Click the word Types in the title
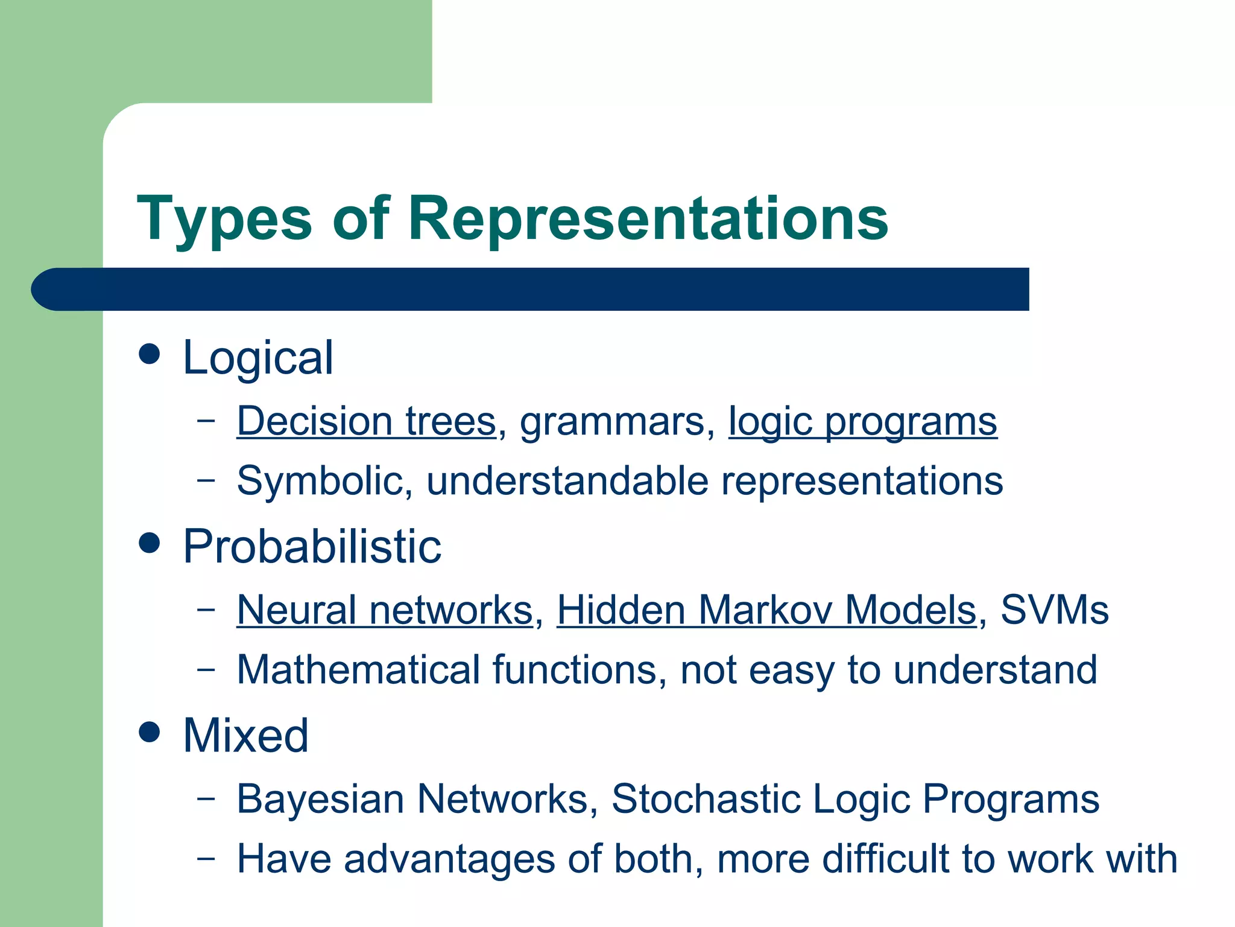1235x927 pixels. (x=224, y=218)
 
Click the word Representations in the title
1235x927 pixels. (x=648, y=218)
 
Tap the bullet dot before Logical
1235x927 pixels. (x=149, y=354)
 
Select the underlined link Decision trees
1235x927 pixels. (x=366, y=421)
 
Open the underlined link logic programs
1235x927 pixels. (x=862, y=422)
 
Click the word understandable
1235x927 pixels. (x=567, y=481)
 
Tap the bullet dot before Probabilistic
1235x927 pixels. (x=149, y=543)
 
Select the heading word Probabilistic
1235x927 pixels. (x=312, y=547)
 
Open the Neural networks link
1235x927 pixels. (x=385, y=610)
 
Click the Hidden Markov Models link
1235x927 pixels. (x=766, y=610)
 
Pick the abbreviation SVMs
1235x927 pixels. (x=1054, y=610)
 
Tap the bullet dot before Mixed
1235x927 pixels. (x=149, y=732)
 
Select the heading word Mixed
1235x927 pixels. (x=245, y=736)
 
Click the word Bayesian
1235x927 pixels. (x=320, y=799)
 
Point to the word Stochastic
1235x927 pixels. (x=706, y=799)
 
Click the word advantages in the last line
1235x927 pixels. (x=449, y=859)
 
